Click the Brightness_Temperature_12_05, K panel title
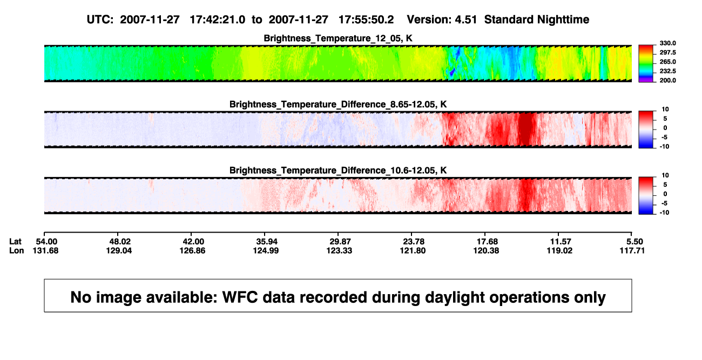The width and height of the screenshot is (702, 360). pos(338,38)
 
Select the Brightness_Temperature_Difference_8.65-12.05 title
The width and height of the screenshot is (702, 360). pos(338,104)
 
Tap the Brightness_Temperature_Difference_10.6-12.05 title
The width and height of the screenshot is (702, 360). pos(338,171)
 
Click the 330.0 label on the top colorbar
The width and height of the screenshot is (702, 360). pos(667,43)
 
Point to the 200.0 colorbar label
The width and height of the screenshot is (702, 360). pos(667,80)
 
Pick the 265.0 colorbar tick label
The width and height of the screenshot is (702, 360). pos(667,62)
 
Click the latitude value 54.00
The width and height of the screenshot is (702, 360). pos(46,242)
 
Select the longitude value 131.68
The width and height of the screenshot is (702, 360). pos(45,250)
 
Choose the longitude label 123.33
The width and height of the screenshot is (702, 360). pos(339,250)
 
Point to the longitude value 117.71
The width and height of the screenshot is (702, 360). pos(632,250)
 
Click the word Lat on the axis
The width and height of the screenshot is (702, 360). pos(15,242)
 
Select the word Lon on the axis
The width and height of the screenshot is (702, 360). pos(16,250)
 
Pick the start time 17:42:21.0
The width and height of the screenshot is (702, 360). pos(218,20)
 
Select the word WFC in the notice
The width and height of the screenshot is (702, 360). pos(240,297)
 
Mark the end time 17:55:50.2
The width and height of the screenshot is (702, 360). pos(366,20)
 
